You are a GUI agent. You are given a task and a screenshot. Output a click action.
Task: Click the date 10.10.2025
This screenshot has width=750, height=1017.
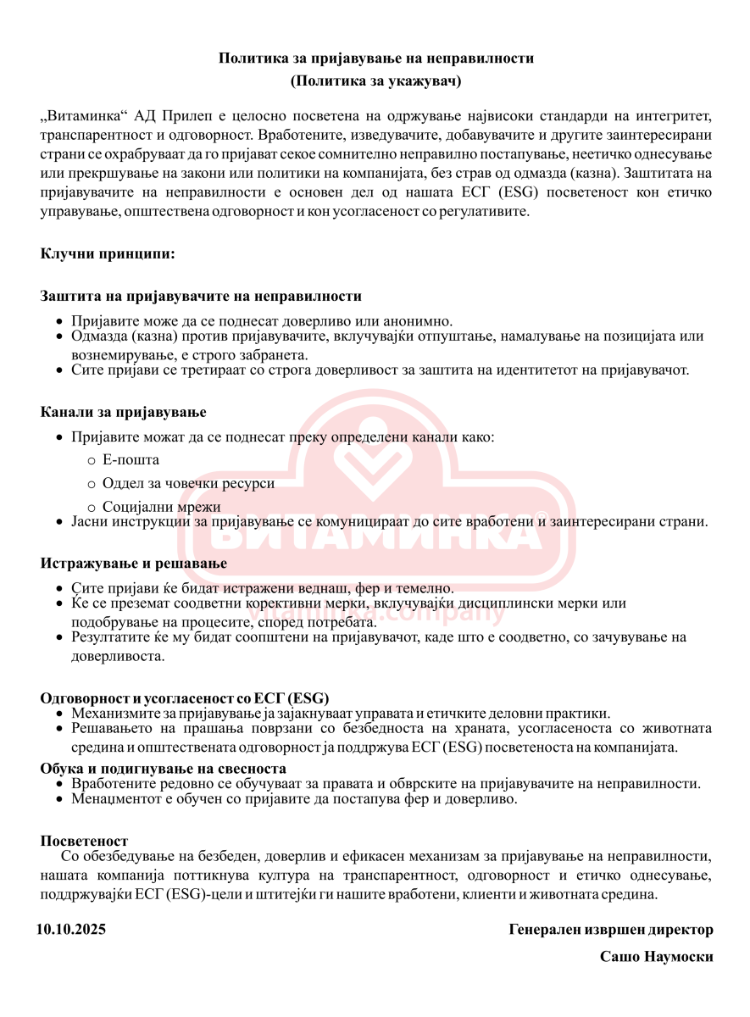tap(71, 930)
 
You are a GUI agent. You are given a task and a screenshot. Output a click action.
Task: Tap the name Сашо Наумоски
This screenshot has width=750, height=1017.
tap(656, 957)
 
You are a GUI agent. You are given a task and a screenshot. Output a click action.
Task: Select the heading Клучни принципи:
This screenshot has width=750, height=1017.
tap(108, 253)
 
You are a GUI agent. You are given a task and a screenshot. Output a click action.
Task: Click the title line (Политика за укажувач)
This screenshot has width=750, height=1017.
tap(375, 81)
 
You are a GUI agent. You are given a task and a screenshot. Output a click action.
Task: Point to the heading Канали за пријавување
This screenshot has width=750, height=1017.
tap(124, 412)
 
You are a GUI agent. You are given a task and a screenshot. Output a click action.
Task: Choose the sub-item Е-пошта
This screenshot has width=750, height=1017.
tap(131, 460)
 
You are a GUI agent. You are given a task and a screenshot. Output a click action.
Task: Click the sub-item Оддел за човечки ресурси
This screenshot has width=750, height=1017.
tap(188, 483)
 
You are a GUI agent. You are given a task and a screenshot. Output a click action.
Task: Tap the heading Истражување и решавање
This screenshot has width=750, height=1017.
tap(134, 563)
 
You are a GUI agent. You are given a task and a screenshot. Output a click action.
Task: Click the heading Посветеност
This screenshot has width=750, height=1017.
tap(84, 841)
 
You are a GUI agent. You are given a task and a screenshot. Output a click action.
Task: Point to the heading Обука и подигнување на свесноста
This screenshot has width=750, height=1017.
tap(164, 769)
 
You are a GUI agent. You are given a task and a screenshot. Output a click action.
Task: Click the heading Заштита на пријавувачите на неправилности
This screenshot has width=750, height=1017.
tap(201, 296)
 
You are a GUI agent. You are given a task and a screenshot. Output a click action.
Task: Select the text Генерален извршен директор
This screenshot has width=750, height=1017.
tap(611, 930)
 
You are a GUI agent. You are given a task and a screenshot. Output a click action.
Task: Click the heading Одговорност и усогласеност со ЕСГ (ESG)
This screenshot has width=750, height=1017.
tap(185, 698)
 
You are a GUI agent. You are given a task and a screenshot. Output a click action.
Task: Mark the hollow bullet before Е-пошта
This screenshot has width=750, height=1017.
tap(92, 461)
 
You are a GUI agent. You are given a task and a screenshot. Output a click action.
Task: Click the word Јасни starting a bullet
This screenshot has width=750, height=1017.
tap(88, 521)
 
